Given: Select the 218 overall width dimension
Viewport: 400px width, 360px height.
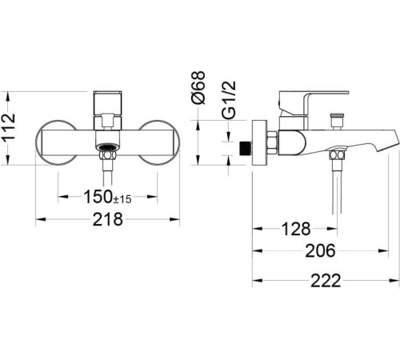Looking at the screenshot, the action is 107,219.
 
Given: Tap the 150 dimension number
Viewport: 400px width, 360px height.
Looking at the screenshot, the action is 98,197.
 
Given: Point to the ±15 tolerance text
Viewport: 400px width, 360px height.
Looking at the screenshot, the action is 122,199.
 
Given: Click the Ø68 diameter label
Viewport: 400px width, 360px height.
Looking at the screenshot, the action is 198,87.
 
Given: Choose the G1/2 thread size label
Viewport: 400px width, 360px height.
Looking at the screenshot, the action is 229,99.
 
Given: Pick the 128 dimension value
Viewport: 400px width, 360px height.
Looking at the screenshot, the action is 296,229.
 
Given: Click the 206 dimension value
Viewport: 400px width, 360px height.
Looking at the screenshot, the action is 320,251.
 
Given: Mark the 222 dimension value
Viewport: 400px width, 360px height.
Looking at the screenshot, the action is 326,281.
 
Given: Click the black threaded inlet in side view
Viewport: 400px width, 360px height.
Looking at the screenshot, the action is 246,148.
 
